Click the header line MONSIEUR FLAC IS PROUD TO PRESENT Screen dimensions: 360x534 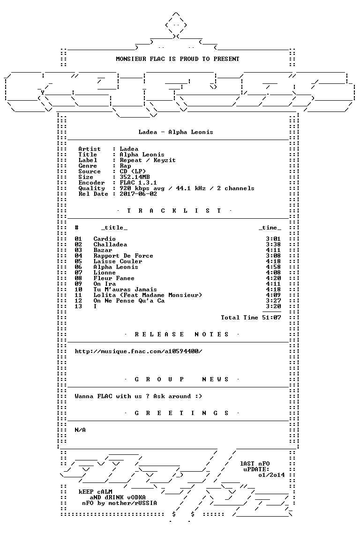pos(178,59)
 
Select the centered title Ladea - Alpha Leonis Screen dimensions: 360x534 pos(176,132)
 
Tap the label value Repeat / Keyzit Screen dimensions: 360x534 pos(148,160)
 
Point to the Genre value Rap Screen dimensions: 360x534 pos(125,166)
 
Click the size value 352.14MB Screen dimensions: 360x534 pos(135,177)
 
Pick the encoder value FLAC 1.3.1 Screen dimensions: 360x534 pos(138,183)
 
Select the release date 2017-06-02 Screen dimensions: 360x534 pos(138,194)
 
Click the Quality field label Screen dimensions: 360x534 pos(91,188)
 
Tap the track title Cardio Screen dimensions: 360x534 pos(105,239)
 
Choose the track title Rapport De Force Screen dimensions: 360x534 pos(123,256)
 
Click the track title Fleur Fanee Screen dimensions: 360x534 pos(114,278)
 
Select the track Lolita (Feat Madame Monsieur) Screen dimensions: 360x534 pos(148,295)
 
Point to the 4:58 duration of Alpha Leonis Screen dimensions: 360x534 pos(273,267)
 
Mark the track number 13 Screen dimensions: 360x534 pos(78,306)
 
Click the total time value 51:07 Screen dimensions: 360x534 pos(271,318)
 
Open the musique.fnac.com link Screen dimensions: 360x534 pos(138,351)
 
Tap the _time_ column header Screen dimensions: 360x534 pos(270,228)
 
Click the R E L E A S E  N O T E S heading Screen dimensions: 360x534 pos(181,334)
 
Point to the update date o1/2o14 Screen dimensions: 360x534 pos(271,475)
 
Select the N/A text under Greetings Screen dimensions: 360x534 pos(80,430)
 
